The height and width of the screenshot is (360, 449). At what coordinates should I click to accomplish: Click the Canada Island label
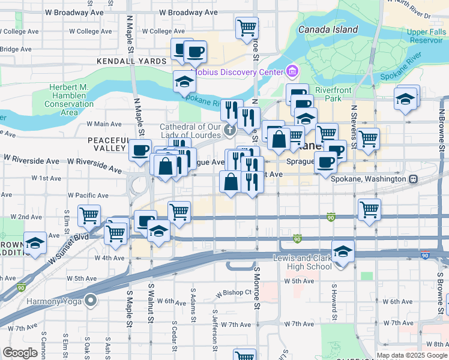click(327, 29)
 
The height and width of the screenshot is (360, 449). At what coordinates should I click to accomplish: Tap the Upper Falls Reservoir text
click(426, 35)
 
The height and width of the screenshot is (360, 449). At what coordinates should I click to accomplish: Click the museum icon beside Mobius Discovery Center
click(292, 73)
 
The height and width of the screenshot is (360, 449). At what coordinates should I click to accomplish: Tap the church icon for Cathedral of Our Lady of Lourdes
click(229, 130)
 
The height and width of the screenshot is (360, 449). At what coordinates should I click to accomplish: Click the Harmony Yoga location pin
click(91, 299)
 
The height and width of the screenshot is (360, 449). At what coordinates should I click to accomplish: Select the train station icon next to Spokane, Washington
click(414, 179)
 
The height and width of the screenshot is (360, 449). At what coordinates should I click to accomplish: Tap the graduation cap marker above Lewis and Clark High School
click(343, 251)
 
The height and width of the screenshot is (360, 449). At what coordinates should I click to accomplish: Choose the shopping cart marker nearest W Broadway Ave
click(247, 27)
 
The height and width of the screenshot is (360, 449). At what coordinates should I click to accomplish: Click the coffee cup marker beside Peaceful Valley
click(140, 150)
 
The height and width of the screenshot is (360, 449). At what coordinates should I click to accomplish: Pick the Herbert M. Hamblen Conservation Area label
click(69, 100)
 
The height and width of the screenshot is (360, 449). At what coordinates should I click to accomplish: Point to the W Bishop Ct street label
click(233, 292)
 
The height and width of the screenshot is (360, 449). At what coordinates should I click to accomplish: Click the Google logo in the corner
click(20, 352)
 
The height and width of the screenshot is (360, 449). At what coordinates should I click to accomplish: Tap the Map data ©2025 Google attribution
click(412, 355)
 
